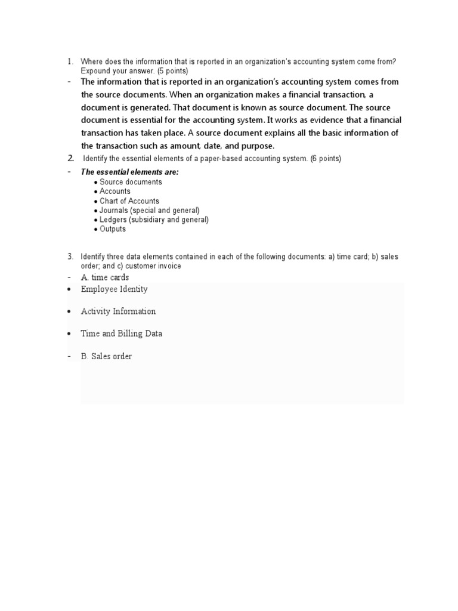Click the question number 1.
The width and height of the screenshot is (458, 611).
tap(70, 61)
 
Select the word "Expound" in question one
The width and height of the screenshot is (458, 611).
tap(95, 70)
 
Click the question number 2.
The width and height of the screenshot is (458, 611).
tap(70, 159)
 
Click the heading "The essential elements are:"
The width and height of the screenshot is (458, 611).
tap(129, 172)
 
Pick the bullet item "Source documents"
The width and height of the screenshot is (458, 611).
tap(131, 182)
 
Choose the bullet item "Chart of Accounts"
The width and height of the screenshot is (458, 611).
tap(129, 201)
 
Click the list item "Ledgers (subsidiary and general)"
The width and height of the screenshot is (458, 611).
tap(154, 220)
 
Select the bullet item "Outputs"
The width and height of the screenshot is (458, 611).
tap(113, 229)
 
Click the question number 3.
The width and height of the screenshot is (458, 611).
tap(70, 257)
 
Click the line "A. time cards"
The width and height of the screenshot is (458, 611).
tap(105, 277)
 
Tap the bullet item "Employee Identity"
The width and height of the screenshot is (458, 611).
tap(114, 289)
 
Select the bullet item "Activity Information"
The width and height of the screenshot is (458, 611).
tap(118, 311)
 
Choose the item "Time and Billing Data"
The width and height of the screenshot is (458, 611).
tap(121, 334)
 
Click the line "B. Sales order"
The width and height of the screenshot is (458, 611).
tap(106, 356)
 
